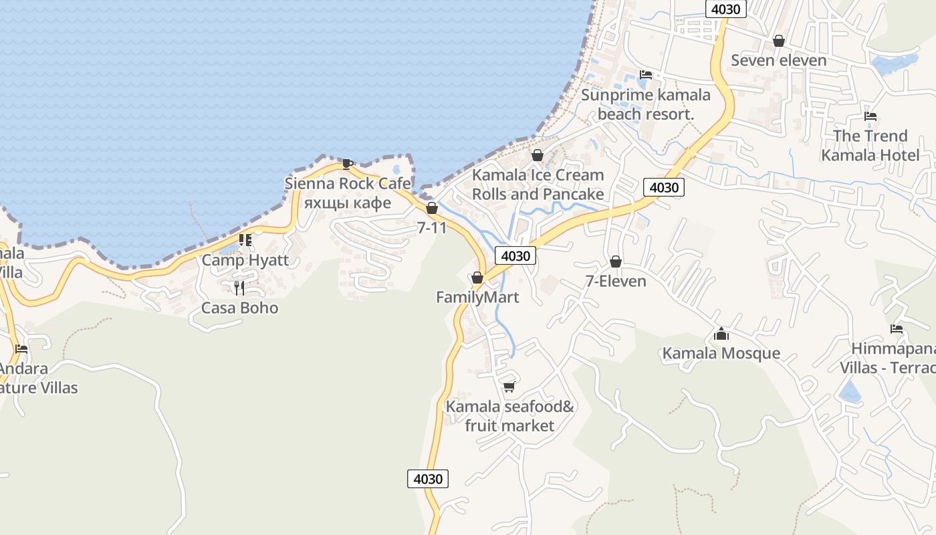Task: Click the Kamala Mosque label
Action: pos(721,353)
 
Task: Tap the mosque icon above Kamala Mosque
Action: pos(721,334)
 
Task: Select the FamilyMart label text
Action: pos(477,297)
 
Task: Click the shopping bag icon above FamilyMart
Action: pos(477,278)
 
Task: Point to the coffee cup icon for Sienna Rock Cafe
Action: pos(347,164)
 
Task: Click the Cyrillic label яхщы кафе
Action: pos(347,202)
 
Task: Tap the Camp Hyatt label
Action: pos(245,260)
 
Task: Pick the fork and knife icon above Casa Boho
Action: pos(239,288)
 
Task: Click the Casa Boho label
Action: pos(239,308)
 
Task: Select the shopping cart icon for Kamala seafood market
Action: pos(509,387)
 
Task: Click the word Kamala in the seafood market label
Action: pos(473,407)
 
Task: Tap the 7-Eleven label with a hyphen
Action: pos(616,281)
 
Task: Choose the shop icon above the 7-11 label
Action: pos(432,208)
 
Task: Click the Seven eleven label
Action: pos(778,60)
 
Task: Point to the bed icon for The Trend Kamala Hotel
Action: pos(870,116)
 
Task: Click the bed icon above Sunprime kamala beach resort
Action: pos(645,75)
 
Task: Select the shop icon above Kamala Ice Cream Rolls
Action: pos(538,155)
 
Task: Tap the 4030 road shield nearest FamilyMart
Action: pos(515,255)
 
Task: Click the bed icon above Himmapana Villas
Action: pos(897,329)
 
